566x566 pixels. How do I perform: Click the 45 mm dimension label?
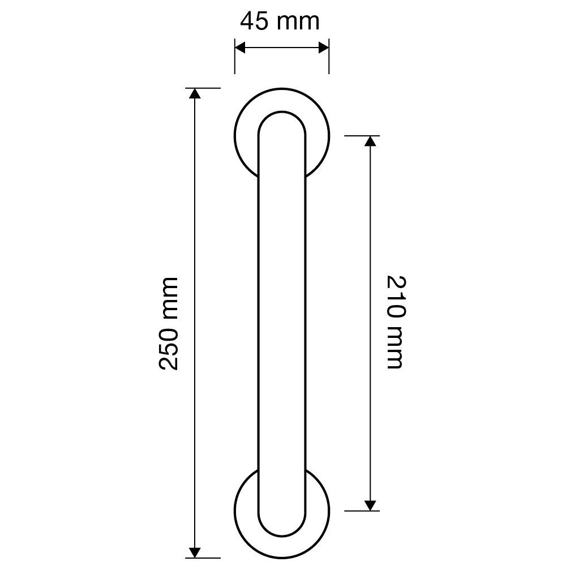click(280, 22)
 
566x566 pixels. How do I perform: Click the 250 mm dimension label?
click(168, 323)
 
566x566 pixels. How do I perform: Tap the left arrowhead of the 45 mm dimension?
click(240, 48)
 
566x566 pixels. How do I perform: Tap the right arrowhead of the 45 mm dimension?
click(324, 48)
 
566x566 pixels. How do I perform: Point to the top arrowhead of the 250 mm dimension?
click(195, 93)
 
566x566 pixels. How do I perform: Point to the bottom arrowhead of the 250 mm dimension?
click(195, 552)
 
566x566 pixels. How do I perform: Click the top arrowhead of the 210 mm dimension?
click(370, 141)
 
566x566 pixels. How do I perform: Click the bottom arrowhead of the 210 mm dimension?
click(370, 505)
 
